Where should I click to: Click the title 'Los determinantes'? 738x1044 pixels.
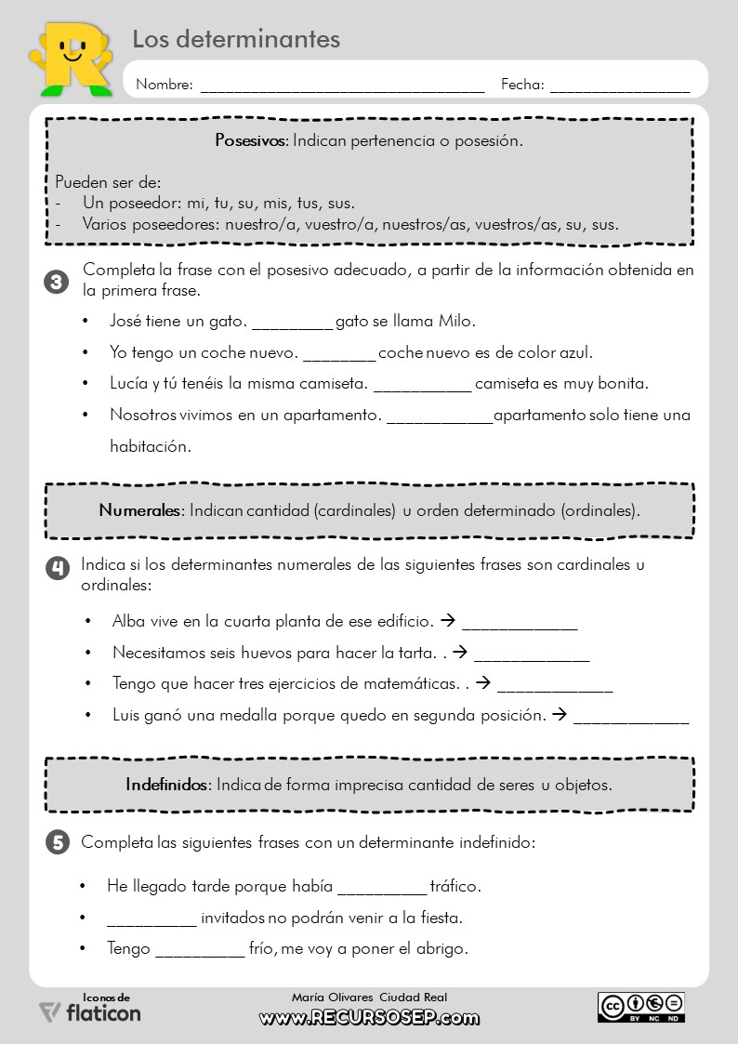click(236, 39)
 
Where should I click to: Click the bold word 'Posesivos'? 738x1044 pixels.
click(251, 141)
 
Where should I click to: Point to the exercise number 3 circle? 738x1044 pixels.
click(57, 282)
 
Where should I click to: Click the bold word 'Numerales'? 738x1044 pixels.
click(141, 510)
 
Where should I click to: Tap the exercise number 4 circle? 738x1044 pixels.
click(57, 568)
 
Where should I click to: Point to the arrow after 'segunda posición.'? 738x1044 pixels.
click(559, 715)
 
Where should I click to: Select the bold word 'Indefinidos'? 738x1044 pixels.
click(168, 785)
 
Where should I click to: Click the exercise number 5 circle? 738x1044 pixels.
click(57, 843)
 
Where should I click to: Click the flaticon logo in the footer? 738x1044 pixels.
click(90, 1011)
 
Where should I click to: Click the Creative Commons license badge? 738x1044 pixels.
click(640, 1007)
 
